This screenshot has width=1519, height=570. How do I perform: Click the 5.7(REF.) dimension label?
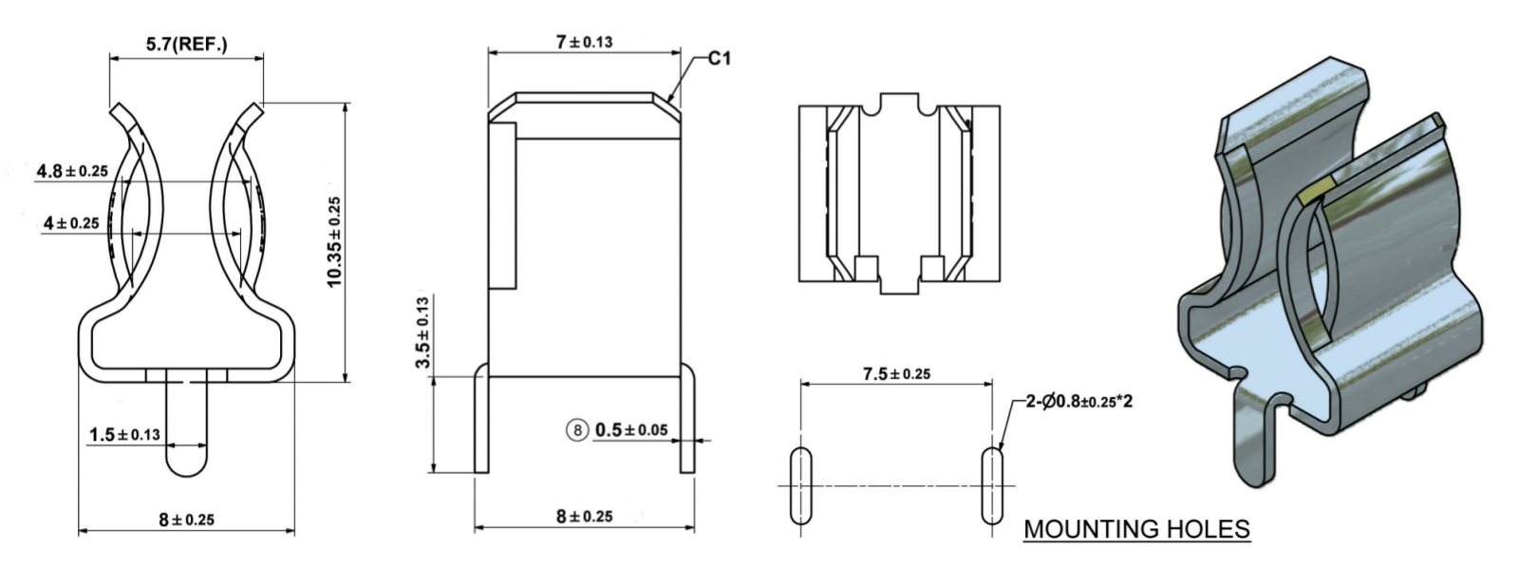click(186, 44)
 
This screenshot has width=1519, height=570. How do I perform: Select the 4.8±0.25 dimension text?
click(72, 171)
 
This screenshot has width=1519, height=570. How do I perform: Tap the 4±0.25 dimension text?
click(71, 223)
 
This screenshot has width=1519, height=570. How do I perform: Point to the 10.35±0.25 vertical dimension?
click(334, 242)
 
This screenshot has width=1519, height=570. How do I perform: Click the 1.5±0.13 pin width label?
click(124, 434)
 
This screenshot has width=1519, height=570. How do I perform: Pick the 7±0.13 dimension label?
click(584, 42)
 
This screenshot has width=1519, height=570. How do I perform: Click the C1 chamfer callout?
click(720, 59)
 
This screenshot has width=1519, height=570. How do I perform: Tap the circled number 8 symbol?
click(577, 430)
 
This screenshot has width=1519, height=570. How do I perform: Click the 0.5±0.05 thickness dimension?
click(631, 430)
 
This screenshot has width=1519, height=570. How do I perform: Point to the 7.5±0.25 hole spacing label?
click(896, 373)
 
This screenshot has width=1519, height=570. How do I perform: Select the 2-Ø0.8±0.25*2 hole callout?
click(1078, 401)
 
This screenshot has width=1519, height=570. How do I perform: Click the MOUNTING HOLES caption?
click(1136, 528)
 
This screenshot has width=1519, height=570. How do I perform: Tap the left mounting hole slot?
click(800, 484)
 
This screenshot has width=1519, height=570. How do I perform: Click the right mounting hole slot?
click(992, 484)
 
